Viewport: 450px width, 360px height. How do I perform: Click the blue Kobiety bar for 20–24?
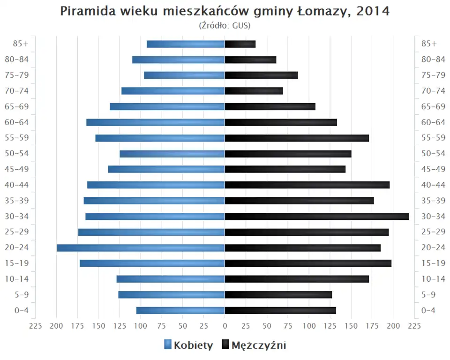pos(141,247)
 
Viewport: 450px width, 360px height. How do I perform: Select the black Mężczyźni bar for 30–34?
pos(317,216)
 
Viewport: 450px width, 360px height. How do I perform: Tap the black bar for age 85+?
pos(240,44)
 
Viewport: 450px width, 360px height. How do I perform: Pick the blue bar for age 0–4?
pos(180,310)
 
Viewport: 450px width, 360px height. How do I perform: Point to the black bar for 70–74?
pos(254,91)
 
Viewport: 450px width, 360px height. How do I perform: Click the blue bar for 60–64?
pos(156,122)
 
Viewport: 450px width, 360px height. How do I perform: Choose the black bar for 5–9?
pos(278,294)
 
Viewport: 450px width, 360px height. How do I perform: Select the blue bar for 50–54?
pos(172,154)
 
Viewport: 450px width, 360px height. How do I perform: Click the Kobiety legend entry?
pos(188,345)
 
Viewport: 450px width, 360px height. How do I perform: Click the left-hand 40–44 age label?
pos(16,185)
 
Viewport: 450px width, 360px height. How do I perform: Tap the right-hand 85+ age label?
pos(429,44)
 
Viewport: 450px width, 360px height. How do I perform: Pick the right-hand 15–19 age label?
pos(433,263)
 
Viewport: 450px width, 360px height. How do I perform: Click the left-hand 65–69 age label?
pos(16,106)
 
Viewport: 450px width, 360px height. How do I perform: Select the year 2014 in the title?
pos(373,11)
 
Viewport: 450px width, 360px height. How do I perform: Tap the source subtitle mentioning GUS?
pos(225,25)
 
